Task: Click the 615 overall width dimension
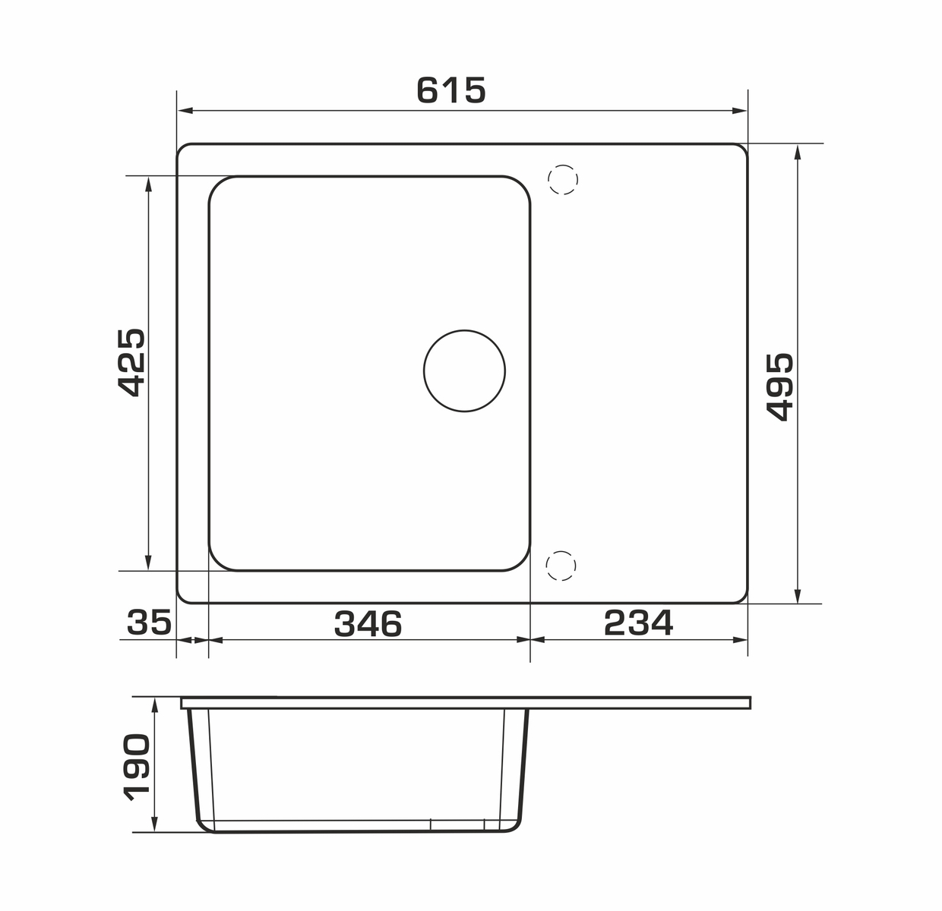pos(450,90)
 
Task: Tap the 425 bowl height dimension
pos(131,362)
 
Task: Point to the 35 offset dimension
pos(149,623)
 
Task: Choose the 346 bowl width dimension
pos(368,623)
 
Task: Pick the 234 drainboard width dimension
pos(638,623)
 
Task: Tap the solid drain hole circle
pos(464,371)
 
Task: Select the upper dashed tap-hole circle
pos(562,179)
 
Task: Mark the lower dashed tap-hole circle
pos(561,566)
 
